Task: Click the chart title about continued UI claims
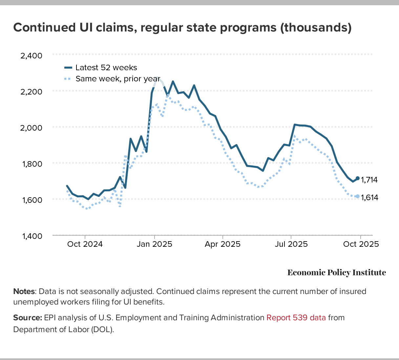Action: pyautogui.click(x=182, y=28)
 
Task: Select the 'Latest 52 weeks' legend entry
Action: pyautogui.click(x=106, y=68)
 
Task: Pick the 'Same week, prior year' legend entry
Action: pyautogui.click(x=117, y=79)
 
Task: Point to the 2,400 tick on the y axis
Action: pyautogui.click(x=31, y=55)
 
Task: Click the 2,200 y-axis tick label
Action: pyautogui.click(x=31, y=92)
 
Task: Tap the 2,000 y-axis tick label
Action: pyautogui.click(x=31, y=128)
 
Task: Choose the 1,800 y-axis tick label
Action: pyautogui.click(x=31, y=164)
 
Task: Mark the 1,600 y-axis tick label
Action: pyautogui.click(x=31, y=200)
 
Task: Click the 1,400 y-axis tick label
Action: pyautogui.click(x=31, y=236)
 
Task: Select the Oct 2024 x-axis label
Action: pyautogui.click(x=85, y=244)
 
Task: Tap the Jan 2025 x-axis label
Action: pyautogui.click(x=155, y=244)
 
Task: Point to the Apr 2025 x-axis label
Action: pyautogui.click(x=223, y=244)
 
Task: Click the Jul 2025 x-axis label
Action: pyautogui.click(x=291, y=244)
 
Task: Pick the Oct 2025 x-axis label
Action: pyautogui.click(x=361, y=244)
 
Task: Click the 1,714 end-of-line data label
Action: pyautogui.click(x=369, y=180)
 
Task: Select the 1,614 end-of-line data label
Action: pyautogui.click(x=369, y=198)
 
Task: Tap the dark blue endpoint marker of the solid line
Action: pyautogui.click(x=358, y=178)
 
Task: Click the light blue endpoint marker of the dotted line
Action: pyautogui.click(x=357, y=196)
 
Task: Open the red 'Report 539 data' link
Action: pyautogui.click(x=296, y=318)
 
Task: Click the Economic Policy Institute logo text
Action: pyautogui.click(x=337, y=273)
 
